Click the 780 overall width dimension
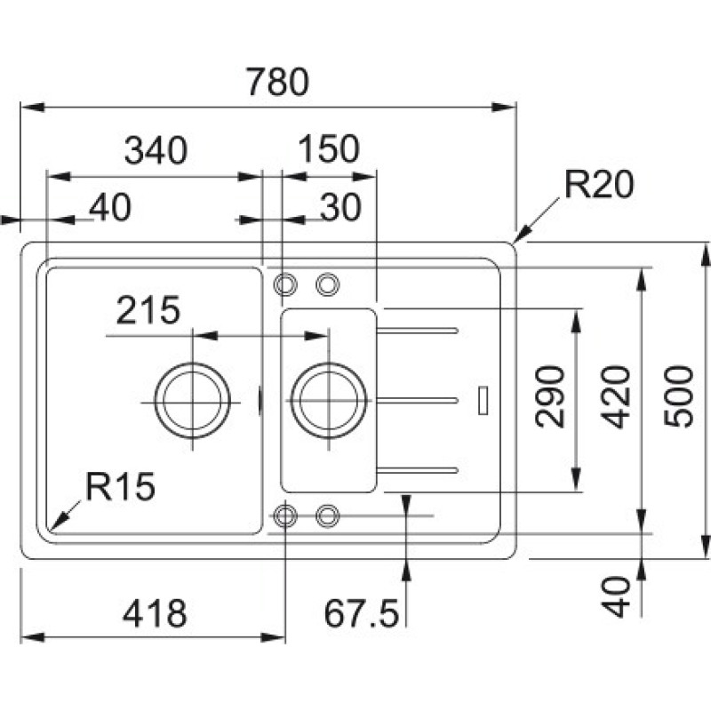click(x=277, y=83)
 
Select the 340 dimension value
click(x=156, y=151)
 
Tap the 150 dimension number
click(x=328, y=150)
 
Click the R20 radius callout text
click(x=598, y=186)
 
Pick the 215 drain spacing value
click(x=148, y=311)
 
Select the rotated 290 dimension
click(x=553, y=395)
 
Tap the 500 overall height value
click(x=681, y=395)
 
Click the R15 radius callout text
click(x=121, y=486)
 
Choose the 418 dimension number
click(x=155, y=613)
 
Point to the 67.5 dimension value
click(x=361, y=613)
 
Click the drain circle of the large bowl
click(x=192, y=401)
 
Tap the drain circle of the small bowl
click(x=328, y=401)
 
